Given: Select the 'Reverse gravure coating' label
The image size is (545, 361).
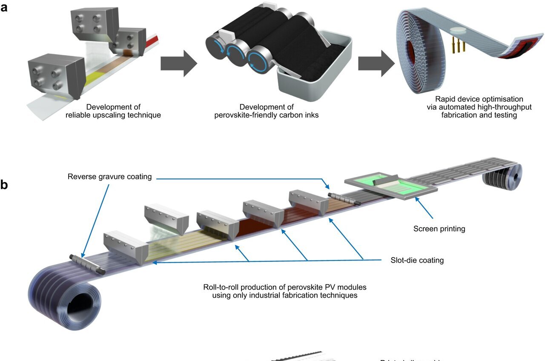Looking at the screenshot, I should click(109, 176).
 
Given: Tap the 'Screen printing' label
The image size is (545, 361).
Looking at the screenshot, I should click(439, 229).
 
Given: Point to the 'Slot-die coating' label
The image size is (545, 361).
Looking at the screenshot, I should click(417, 260).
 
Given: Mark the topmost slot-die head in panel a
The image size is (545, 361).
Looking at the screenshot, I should click(94, 23).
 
